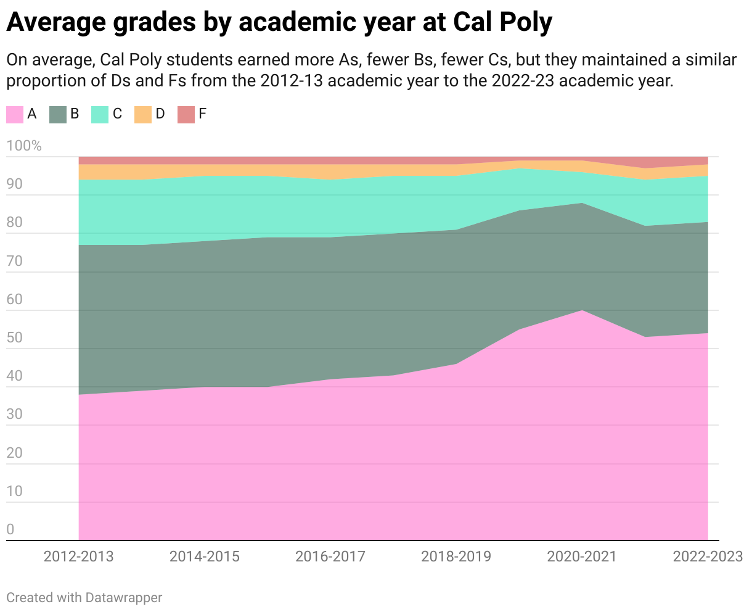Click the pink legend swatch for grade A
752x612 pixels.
[x=15, y=114]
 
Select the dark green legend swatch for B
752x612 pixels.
[x=57, y=114]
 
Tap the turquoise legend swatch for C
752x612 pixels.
[x=100, y=114]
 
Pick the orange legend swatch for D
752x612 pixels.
[x=143, y=114]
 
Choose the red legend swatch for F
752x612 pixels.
[x=186, y=114]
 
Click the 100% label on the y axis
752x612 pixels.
[x=24, y=146]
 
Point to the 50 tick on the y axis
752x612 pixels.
[x=15, y=338]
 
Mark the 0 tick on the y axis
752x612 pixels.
[x=10, y=529]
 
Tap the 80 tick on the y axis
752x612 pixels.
[x=15, y=223]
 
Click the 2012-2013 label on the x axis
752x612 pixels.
[x=79, y=556]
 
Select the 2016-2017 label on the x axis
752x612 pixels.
[x=330, y=556]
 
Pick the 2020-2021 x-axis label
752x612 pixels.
[x=582, y=556]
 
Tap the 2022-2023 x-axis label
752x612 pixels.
[x=708, y=556]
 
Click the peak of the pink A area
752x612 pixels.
[x=582, y=311]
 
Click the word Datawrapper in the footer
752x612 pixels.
[x=124, y=597]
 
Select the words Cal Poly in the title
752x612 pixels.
[x=502, y=23]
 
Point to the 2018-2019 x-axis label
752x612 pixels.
[x=456, y=556]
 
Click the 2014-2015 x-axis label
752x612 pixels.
[x=205, y=556]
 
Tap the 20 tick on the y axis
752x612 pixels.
[x=15, y=453]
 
